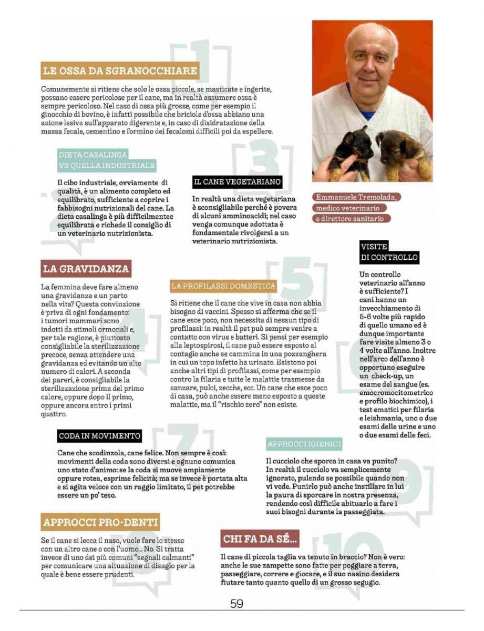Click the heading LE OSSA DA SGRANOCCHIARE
120,70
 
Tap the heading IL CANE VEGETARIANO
238,182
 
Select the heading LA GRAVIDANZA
86,269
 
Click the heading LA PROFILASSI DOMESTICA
223,286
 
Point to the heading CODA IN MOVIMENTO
99,436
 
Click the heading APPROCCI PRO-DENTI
100,523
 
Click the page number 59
236,604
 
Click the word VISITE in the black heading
374,247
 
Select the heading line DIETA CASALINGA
92,155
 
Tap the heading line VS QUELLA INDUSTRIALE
107,166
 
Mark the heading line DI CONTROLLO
389,258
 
